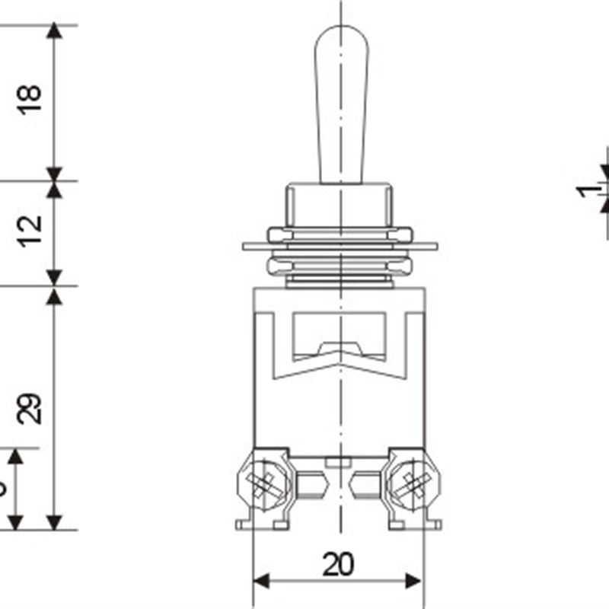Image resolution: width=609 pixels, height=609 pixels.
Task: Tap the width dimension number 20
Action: [x=338, y=564]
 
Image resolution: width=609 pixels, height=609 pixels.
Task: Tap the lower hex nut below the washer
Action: [x=340, y=266]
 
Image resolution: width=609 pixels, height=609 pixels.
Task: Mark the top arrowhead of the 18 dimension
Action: [x=53, y=31]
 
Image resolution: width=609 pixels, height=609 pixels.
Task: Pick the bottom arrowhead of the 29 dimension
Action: [x=53, y=522]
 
